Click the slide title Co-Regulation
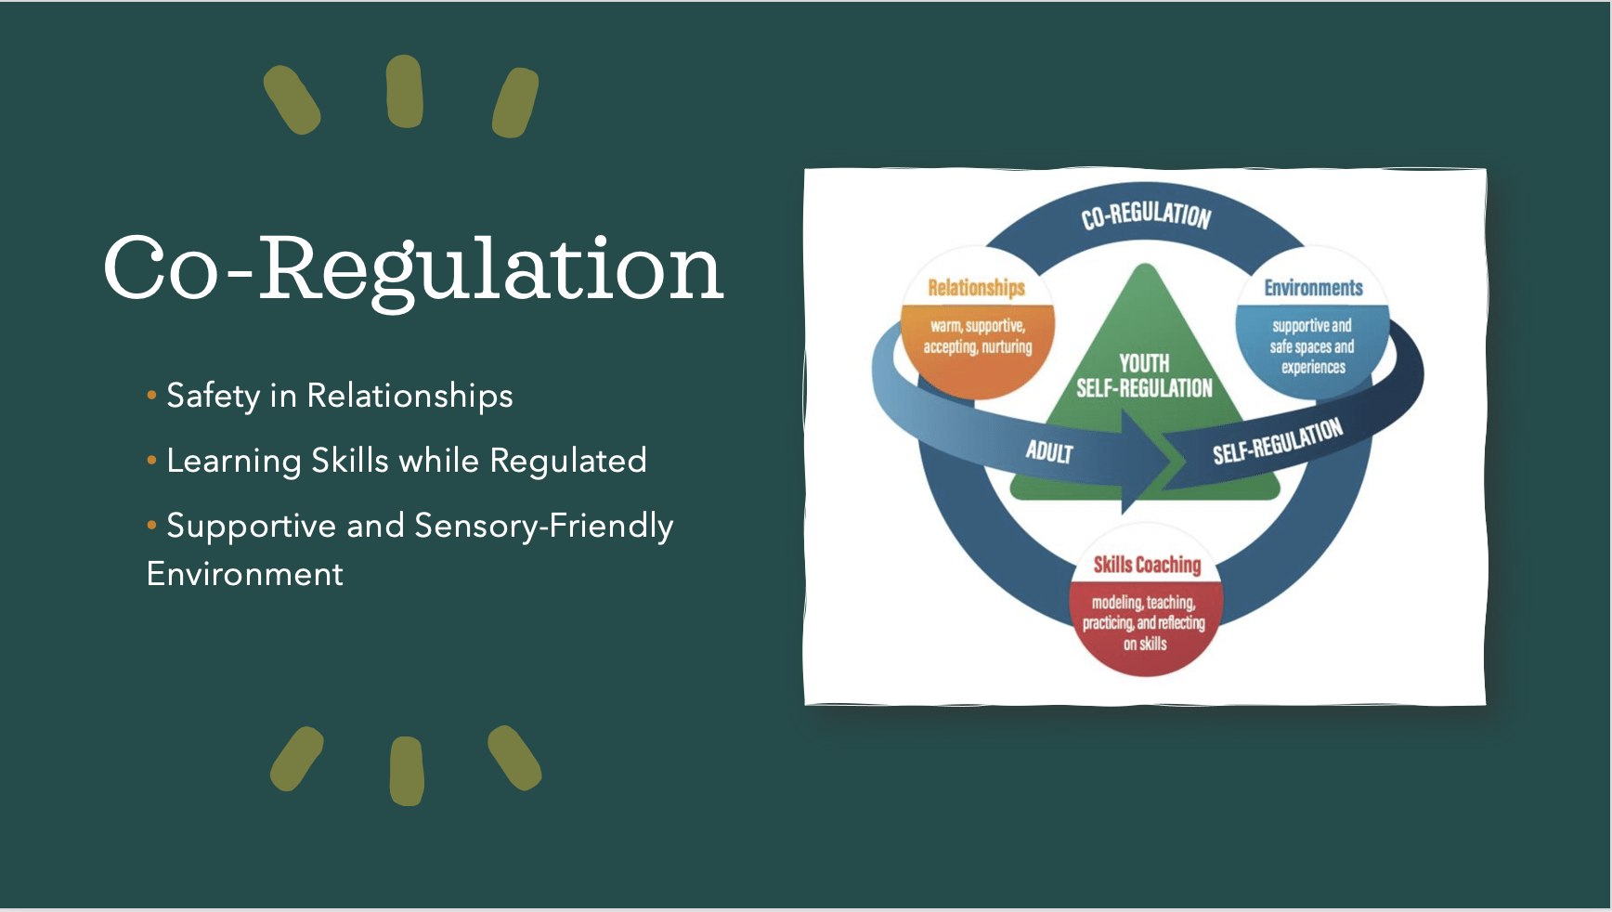(413, 268)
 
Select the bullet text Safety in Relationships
(339, 397)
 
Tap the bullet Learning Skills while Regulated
(406, 462)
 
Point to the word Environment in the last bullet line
(245, 575)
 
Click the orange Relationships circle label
(976, 288)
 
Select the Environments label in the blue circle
(1313, 288)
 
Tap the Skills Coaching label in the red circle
(1147, 565)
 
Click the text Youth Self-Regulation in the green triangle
(1144, 376)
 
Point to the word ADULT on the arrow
(1049, 452)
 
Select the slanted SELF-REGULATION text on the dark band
(1278, 441)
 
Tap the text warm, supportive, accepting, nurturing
(978, 336)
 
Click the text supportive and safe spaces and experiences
(1312, 346)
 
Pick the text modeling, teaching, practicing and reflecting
(1144, 622)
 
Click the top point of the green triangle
(1146, 267)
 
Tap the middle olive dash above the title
(405, 91)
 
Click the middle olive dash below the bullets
(407, 771)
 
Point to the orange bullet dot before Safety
(151, 396)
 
